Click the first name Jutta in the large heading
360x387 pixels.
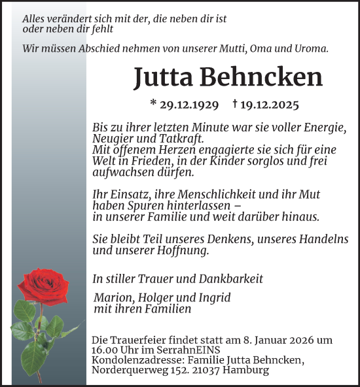click(x=161, y=77)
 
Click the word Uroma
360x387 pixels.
click(x=310, y=48)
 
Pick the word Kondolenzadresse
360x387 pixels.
click(x=138, y=360)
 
